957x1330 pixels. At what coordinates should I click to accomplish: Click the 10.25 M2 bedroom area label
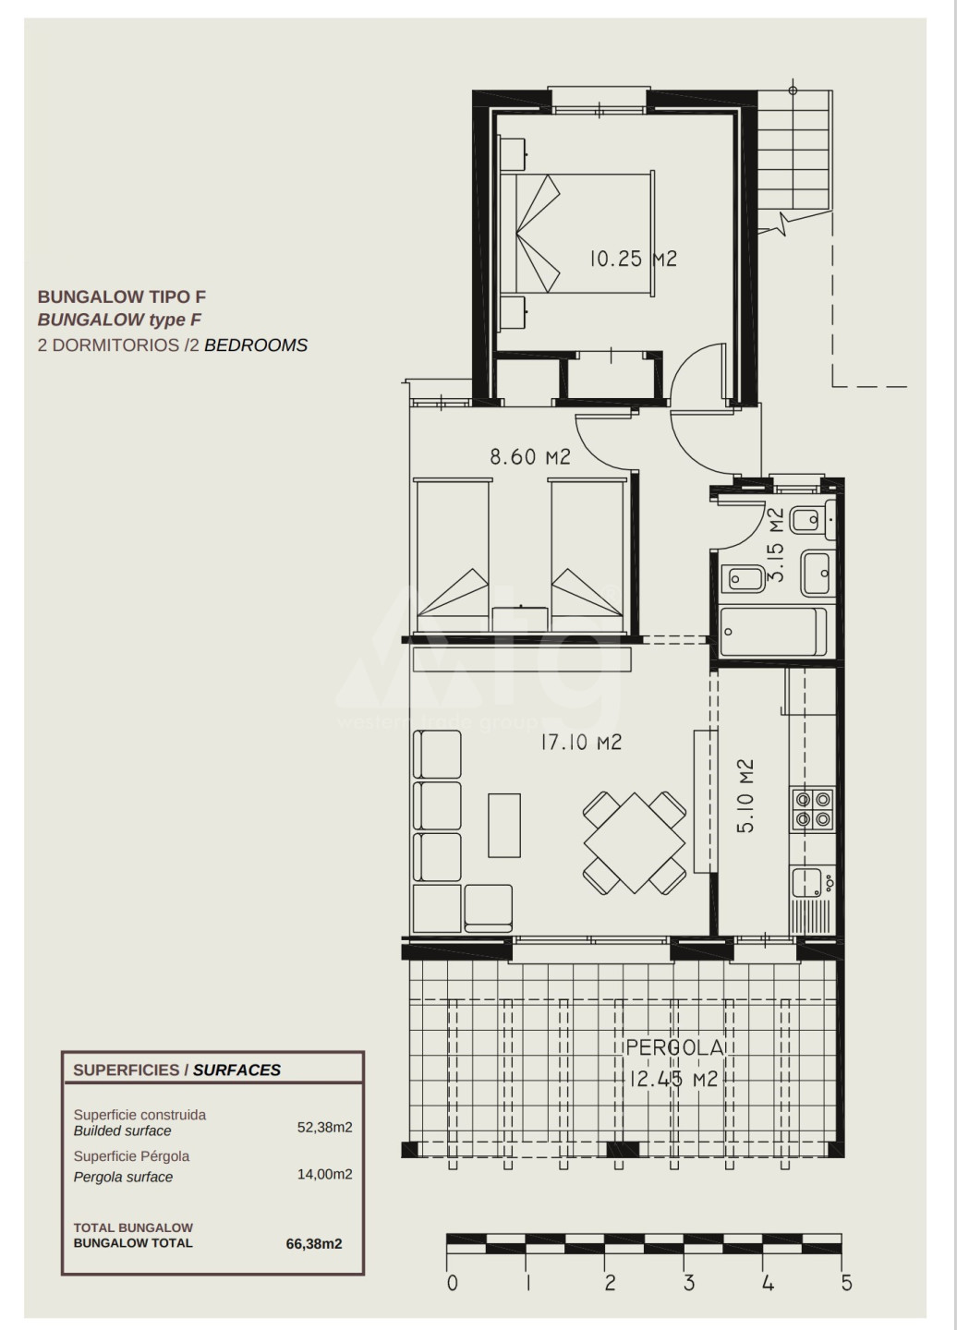click(633, 259)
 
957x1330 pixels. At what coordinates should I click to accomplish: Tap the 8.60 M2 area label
click(530, 456)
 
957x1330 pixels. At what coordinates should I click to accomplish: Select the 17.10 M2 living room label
click(581, 743)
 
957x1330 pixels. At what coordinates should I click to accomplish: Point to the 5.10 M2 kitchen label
click(745, 795)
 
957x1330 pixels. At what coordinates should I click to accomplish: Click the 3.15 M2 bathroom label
click(776, 544)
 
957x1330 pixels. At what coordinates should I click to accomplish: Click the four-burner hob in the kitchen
click(813, 809)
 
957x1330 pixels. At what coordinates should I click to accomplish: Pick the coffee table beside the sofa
click(504, 826)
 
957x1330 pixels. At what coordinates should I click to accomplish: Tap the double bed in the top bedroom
click(577, 235)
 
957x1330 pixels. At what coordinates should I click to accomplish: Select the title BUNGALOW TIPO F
click(122, 296)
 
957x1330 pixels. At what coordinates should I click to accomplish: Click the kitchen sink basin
click(806, 883)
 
